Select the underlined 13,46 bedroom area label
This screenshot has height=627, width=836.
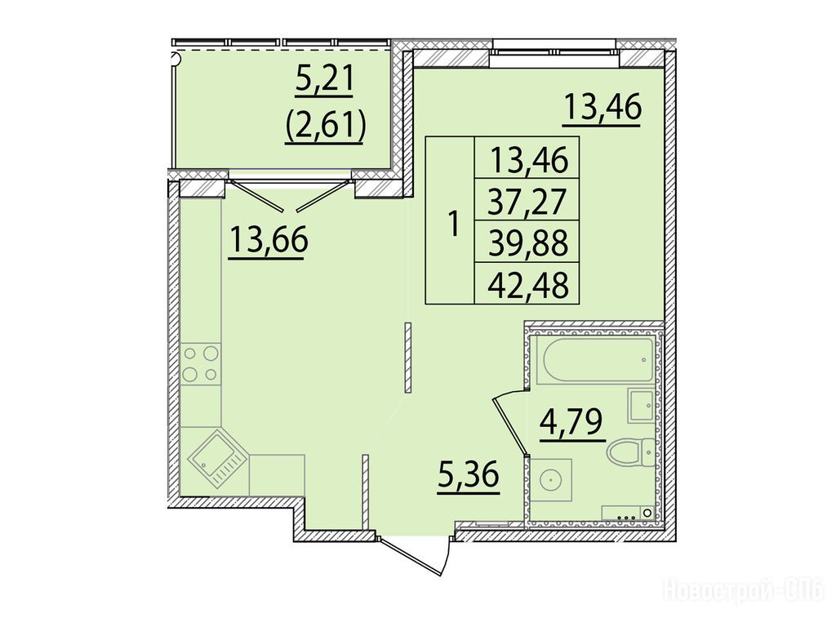(x=602, y=109)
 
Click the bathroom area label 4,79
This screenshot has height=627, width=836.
(x=572, y=423)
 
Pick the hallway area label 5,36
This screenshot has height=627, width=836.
(x=468, y=476)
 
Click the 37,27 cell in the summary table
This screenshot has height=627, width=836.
(x=527, y=201)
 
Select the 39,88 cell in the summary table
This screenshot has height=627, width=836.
(x=527, y=242)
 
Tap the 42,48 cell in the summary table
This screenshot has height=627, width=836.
(x=527, y=285)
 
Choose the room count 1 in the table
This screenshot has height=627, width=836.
(x=453, y=224)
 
